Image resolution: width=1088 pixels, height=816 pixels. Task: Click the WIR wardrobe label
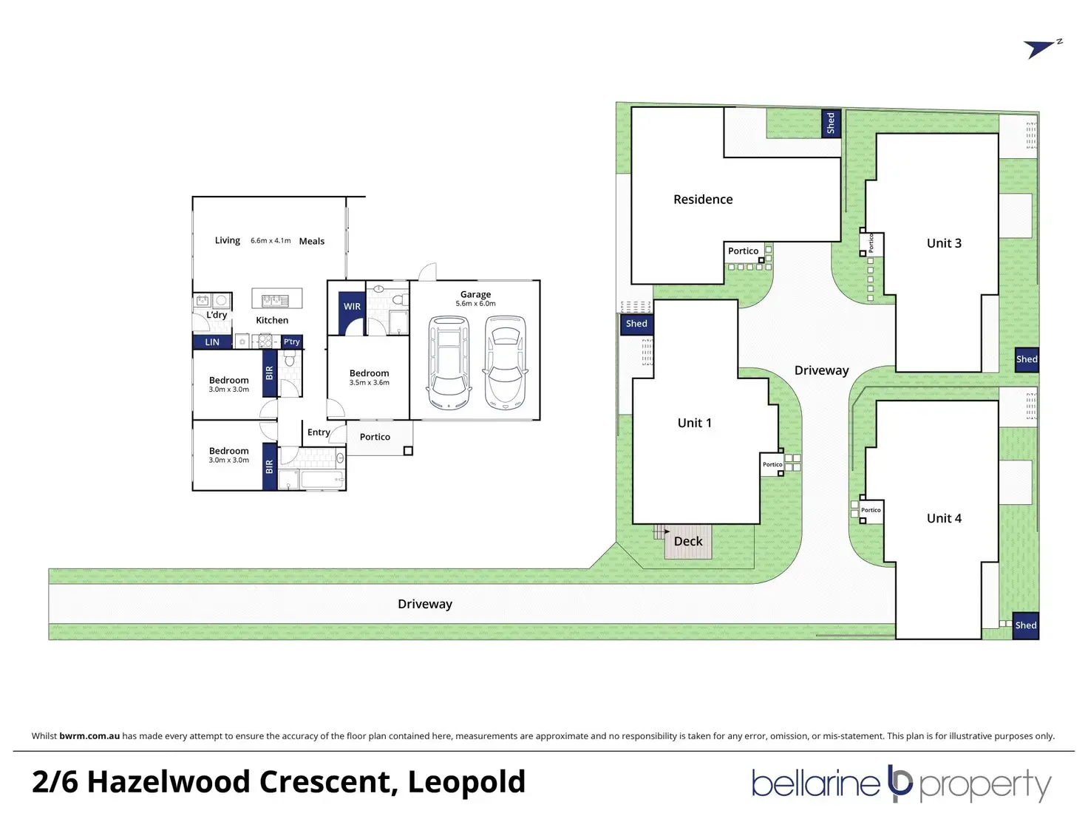pyautogui.click(x=352, y=307)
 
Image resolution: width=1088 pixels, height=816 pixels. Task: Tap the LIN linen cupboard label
pyautogui.click(x=212, y=342)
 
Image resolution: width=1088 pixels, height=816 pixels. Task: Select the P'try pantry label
pyautogui.click(x=292, y=341)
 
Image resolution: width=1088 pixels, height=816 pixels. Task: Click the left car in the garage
pyautogui.click(x=449, y=362)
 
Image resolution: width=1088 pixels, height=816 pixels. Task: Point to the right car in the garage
pyautogui.click(x=506, y=362)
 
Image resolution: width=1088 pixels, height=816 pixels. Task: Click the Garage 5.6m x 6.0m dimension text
pyautogui.click(x=475, y=304)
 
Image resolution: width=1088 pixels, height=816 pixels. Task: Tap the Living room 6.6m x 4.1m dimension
pyautogui.click(x=271, y=241)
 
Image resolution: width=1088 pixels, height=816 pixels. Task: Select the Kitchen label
pyautogui.click(x=272, y=320)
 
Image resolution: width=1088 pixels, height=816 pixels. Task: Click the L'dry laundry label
pyautogui.click(x=217, y=315)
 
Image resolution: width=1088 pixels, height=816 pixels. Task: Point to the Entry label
pyautogui.click(x=319, y=432)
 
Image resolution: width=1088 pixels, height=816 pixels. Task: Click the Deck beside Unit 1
pyautogui.click(x=688, y=541)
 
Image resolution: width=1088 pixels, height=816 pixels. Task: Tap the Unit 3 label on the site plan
pyautogui.click(x=944, y=243)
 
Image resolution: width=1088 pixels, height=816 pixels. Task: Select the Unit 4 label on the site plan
pyautogui.click(x=944, y=518)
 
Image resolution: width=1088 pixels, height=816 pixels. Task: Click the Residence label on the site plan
pyautogui.click(x=703, y=200)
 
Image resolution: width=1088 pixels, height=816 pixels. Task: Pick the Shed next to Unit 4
pyautogui.click(x=1026, y=625)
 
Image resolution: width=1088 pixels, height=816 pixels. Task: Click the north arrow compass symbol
pyautogui.click(x=1041, y=49)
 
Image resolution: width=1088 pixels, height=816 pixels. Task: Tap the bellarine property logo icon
pyautogui.click(x=900, y=784)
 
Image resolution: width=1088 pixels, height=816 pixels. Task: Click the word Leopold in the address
pyautogui.click(x=466, y=782)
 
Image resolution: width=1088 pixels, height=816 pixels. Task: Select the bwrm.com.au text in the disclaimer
pyautogui.click(x=89, y=736)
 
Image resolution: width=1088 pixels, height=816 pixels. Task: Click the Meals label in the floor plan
pyautogui.click(x=312, y=241)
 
